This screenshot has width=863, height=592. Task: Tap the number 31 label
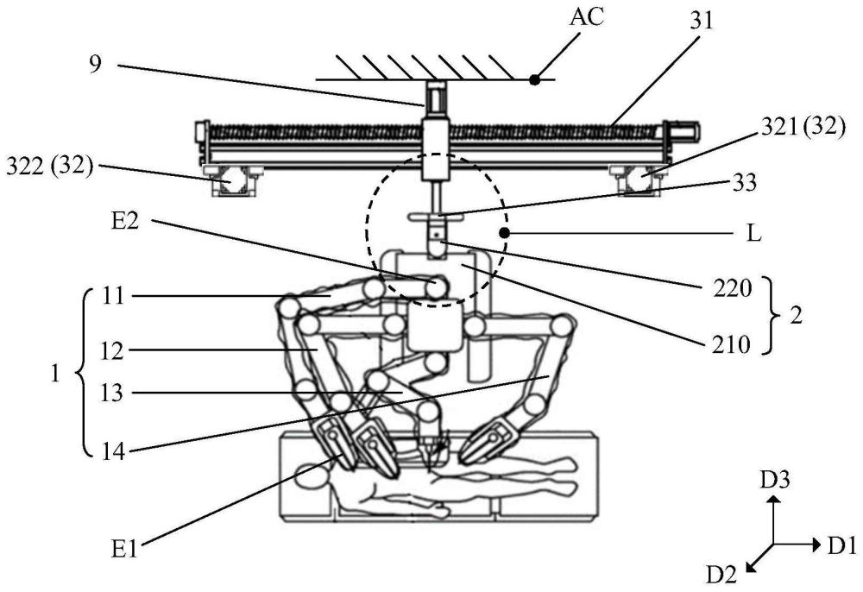(x=701, y=21)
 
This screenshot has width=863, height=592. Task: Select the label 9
(x=96, y=65)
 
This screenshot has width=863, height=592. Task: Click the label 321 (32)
(x=803, y=128)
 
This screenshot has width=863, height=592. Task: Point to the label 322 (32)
(x=49, y=166)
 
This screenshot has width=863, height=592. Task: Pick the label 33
(x=745, y=182)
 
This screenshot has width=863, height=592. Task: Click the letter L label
(x=754, y=233)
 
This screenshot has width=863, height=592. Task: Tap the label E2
(x=125, y=223)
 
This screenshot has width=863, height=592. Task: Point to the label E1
(x=123, y=550)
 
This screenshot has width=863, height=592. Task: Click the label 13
(x=112, y=393)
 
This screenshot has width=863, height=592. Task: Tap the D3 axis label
(x=775, y=481)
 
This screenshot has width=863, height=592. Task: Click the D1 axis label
(x=842, y=545)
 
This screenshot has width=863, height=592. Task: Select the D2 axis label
(x=721, y=575)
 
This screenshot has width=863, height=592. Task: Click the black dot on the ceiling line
(x=534, y=79)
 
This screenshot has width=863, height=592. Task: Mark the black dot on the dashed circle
(x=504, y=234)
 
